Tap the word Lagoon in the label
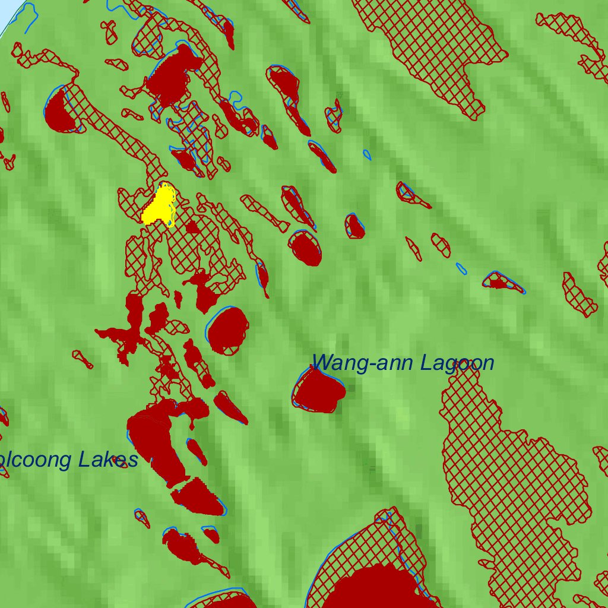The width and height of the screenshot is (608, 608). [457, 363]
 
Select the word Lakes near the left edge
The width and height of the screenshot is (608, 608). [109, 460]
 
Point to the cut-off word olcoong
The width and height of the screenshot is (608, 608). [37, 460]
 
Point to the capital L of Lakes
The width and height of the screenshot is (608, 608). [85, 460]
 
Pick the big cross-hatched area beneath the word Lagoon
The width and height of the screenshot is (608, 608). [511, 475]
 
